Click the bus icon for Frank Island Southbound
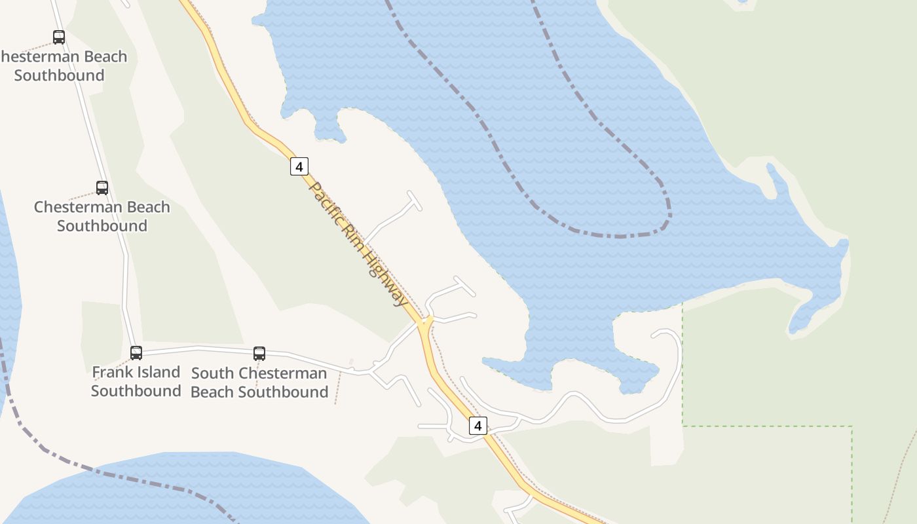tap(136, 353)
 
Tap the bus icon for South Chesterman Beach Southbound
tap(259, 354)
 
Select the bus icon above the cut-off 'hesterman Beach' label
tap(59, 37)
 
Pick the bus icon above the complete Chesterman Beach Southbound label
tap(102, 188)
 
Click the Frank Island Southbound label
tap(136, 381)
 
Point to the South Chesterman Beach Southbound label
tap(259, 383)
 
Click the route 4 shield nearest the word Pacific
tap(299, 166)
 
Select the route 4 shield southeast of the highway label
tap(478, 426)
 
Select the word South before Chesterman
tap(212, 373)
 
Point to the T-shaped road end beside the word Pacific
tap(414, 200)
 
